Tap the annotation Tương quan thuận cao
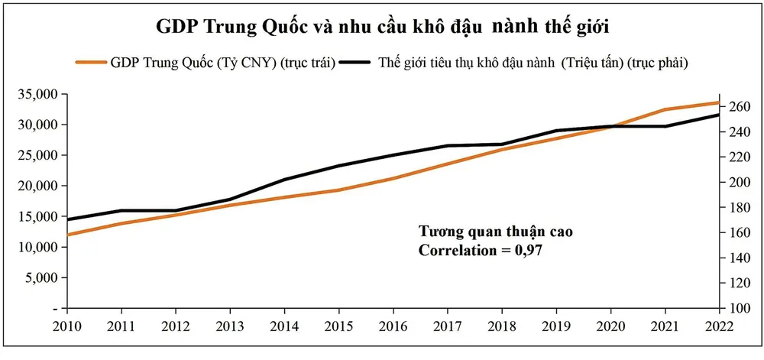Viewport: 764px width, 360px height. (495, 231)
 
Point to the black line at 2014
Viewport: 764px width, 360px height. (285, 180)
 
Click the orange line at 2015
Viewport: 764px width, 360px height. (339, 190)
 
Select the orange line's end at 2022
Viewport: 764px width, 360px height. (718, 102)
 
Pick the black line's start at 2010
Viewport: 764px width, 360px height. (69, 219)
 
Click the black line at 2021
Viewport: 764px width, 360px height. (665, 126)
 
